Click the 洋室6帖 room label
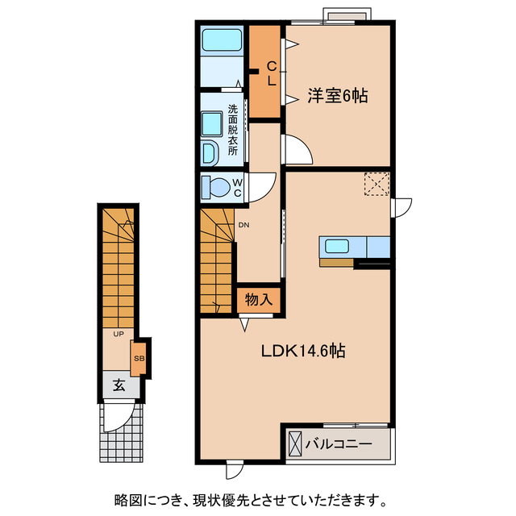tap(337, 96)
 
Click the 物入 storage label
tap(258, 300)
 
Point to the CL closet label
tap(272, 73)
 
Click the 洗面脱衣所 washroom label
tap(232, 129)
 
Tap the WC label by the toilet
tap(238, 187)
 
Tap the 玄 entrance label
tap(119, 385)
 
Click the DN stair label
tap(243, 226)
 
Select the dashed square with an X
tap(376, 184)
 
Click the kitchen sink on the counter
tap(336, 246)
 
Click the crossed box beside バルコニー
tap(294, 444)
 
